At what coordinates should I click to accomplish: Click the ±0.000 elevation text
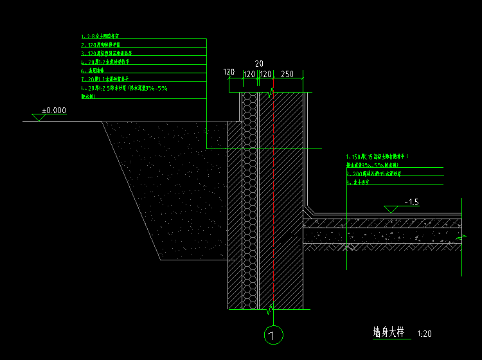54,111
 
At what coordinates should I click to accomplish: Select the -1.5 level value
411,202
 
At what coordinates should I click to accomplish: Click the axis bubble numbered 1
274,335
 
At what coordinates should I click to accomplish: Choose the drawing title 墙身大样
389,332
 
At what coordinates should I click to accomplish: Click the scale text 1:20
424,334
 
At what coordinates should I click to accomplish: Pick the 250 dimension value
287,75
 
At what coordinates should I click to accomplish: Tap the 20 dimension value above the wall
259,64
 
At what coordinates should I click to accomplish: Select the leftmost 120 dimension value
229,72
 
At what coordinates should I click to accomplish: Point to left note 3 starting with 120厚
107,54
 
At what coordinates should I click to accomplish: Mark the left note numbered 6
96,71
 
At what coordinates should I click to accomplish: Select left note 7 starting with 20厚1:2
106,79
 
